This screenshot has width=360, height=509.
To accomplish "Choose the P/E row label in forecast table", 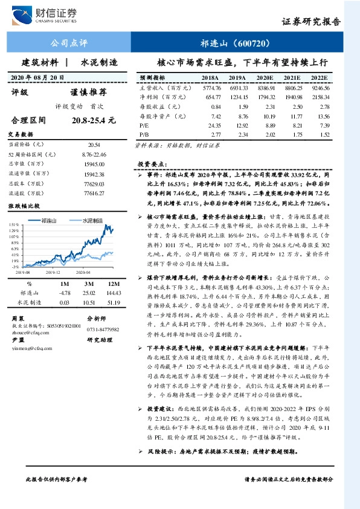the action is [x=143, y=125].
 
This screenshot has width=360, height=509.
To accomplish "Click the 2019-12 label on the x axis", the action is [x=56, y=273].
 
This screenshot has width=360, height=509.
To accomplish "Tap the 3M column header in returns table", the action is [x=86, y=283].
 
